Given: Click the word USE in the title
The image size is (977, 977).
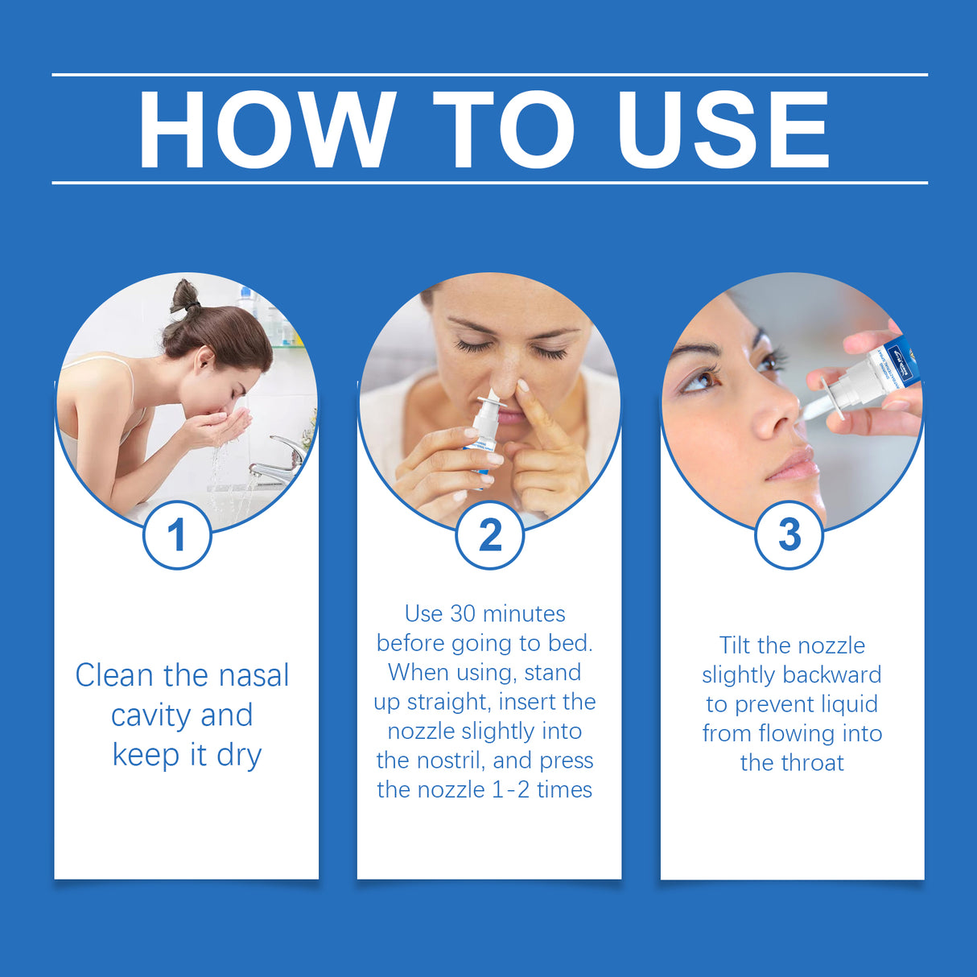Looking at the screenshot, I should click(722, 130).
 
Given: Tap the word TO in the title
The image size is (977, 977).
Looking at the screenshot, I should click(504, 130).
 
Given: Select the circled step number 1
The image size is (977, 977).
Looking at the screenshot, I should click(177, 535).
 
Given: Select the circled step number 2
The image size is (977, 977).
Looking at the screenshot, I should click(489, 535).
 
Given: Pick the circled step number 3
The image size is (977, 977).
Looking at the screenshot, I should click(789, 535).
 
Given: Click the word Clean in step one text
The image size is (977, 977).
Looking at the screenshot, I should click(113, 675).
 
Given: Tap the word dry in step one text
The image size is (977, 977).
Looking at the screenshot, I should click(239, 756).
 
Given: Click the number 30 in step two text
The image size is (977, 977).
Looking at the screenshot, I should click(463, 614).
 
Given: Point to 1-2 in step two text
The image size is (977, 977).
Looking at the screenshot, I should click(510, 789).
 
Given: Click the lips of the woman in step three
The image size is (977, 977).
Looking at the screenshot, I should click(793, 466).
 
